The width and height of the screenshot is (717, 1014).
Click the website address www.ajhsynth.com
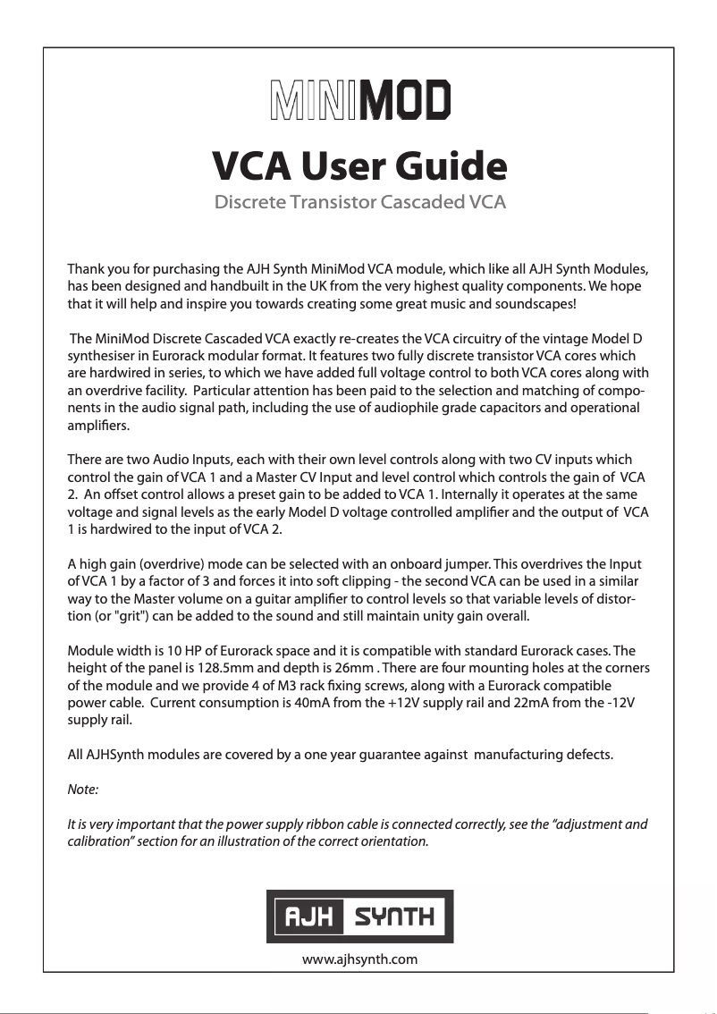360,959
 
